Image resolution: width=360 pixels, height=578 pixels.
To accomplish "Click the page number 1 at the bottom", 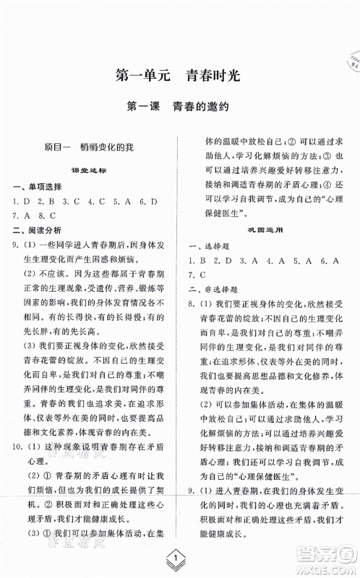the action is (x=180, y=558).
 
